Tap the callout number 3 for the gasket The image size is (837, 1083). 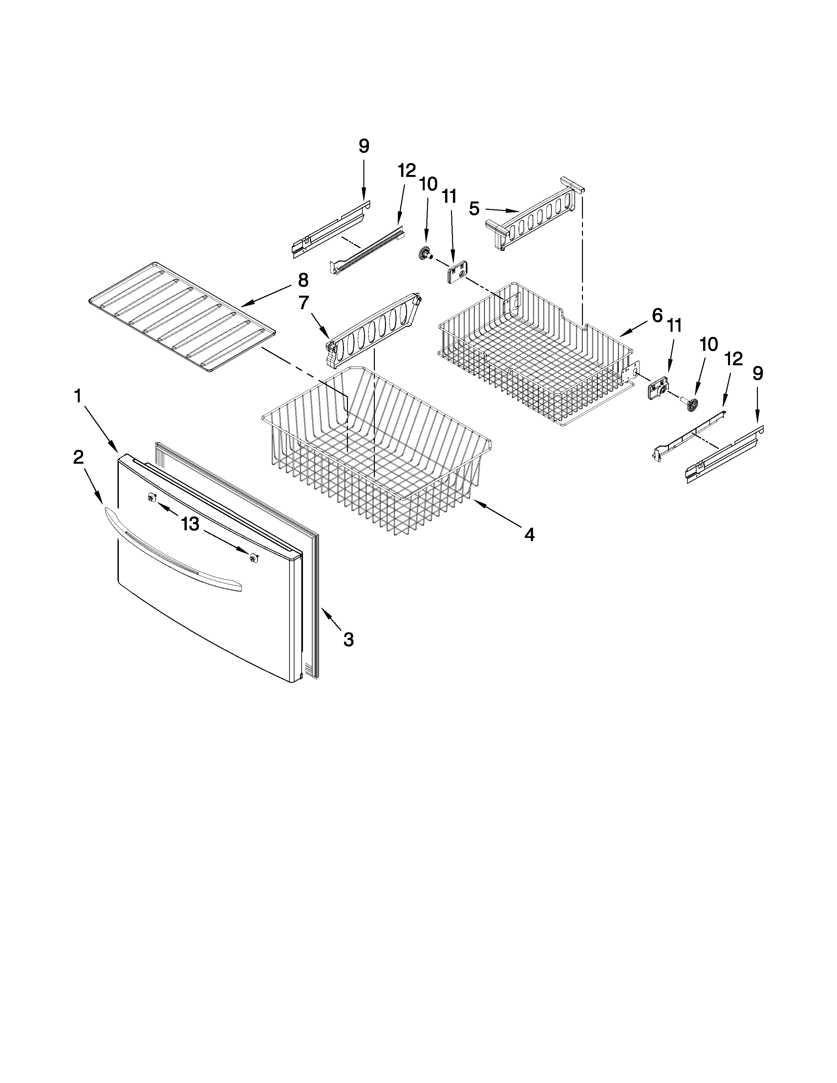point(349,640)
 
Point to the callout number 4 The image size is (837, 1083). point(529,535)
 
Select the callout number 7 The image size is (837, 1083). point(304,303)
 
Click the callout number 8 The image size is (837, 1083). point(303,280)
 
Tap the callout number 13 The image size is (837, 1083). point(190,524)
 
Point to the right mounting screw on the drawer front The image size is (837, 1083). point(254,558)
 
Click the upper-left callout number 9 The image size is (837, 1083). point(363,146)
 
